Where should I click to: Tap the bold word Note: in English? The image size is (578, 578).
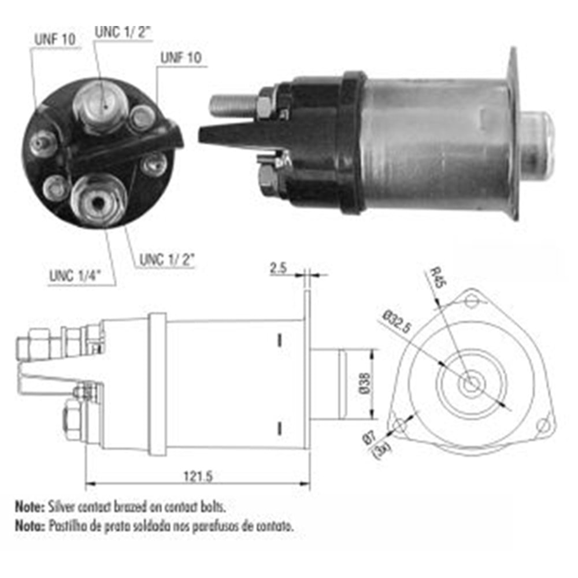pyautogui.click(x=29, y=506)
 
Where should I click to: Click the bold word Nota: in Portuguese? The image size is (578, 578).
pyautogui.click(x=29, y=526)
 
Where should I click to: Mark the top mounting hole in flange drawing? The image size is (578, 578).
pyautogui.click(x=473, y=300)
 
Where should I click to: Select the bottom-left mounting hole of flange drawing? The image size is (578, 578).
pyautogui.click(x=399, y=427)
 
